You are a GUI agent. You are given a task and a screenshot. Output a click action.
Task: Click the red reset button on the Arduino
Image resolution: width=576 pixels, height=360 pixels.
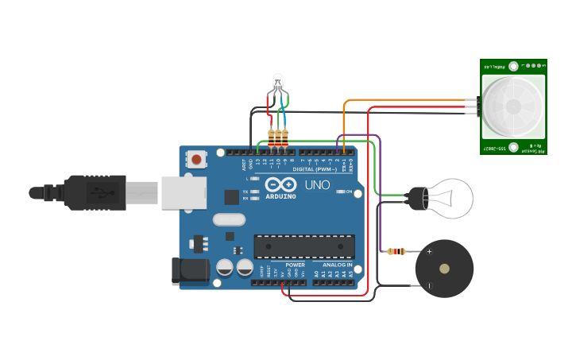click(x=196, y=159)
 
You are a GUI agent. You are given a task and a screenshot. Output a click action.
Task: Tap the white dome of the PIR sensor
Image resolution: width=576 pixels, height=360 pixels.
click(x=513, y=106)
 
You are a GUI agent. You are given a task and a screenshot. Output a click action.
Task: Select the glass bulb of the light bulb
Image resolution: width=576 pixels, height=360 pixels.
click(x=449, y=197)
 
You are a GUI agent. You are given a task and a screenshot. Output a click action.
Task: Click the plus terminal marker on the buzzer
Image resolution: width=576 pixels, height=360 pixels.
click(x=430, y=252)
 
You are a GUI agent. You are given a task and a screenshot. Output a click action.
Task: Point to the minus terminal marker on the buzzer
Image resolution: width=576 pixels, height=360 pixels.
click(x=430, y=285)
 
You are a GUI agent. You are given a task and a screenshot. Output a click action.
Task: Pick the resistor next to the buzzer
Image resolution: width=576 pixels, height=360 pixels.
click(x=396, y=252)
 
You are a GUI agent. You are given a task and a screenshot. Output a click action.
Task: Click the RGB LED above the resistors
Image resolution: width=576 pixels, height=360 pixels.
click(x=277, y=82)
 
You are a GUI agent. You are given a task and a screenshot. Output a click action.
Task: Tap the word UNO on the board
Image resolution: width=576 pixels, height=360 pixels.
click(x=318, y=185)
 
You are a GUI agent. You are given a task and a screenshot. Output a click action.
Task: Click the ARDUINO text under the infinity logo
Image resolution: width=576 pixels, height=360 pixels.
click(x=280, y=196)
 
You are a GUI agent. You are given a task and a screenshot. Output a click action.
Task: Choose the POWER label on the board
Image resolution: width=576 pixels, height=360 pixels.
click(x=295, y=265)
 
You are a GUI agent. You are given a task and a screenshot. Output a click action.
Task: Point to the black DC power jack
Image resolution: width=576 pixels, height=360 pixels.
click(x=191, y=271)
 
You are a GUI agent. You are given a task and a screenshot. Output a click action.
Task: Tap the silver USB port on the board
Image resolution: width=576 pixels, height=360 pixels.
click(x=184, y=193)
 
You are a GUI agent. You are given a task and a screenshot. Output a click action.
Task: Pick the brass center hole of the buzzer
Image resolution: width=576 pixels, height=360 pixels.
click(x=445, y=269)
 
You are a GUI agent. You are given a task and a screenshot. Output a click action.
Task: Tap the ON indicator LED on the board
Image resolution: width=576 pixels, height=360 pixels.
click(x=338, y=192)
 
